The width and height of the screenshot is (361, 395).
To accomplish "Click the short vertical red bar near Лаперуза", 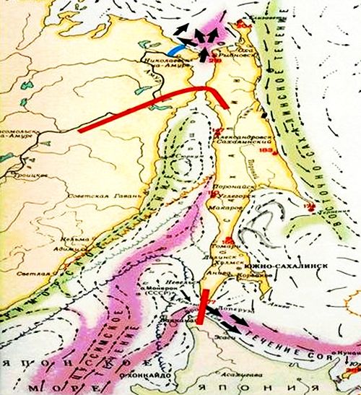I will coord(204,306).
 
